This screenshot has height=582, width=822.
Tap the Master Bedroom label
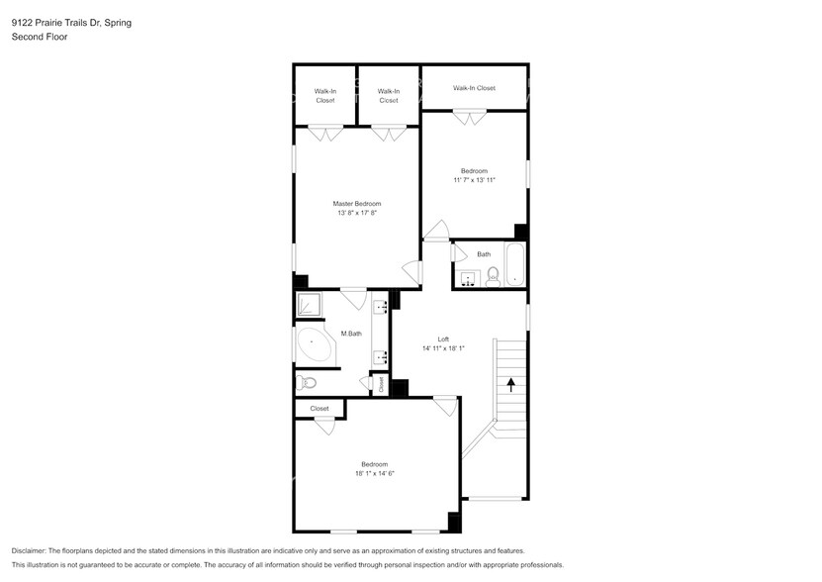pyautogui.click(x=356, y=204)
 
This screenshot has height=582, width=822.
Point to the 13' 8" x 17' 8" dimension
pyautogui.click(x=356, y=213)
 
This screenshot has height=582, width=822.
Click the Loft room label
pyautogui.click(x=443, y=339)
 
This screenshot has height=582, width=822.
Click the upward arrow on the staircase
pyautogui.click(x=510, y=384)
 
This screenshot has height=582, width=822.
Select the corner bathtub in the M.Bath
pyautogui.click(x=315, y=345)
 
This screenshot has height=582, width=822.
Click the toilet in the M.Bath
pyautogui.click(x=306, y=382)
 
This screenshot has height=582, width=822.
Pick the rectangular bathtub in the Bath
pyautogui.click(x=514, y=265)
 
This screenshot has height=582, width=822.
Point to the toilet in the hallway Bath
pyautogui.click(x=493, y=276)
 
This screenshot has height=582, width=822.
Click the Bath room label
pyautogui.click(x=484, y=254)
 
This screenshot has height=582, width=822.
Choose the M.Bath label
pyautogui.click(x=351, y=334)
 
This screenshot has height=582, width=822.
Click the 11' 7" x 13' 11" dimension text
pyautogui.click(x=474, y=180)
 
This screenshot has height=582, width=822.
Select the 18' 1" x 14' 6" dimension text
pyautogui.click(x=375, y=473)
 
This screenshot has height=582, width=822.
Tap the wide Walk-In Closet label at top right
pyautogui.click(x=474, y=88)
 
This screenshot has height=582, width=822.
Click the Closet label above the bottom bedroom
pyautogui.click(x=319, y=408)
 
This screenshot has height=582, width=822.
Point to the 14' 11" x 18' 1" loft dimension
pyautogui.click(x=443, y=348)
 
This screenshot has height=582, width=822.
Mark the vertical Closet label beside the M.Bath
pyautogui.click(x=380, y=384)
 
